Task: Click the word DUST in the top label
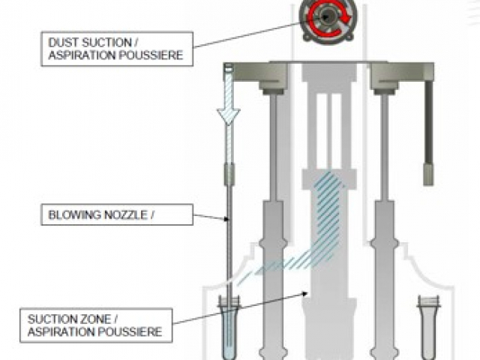62,42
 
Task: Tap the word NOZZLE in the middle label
127,217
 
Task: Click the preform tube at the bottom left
228,326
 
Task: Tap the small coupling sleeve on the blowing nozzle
229,175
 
